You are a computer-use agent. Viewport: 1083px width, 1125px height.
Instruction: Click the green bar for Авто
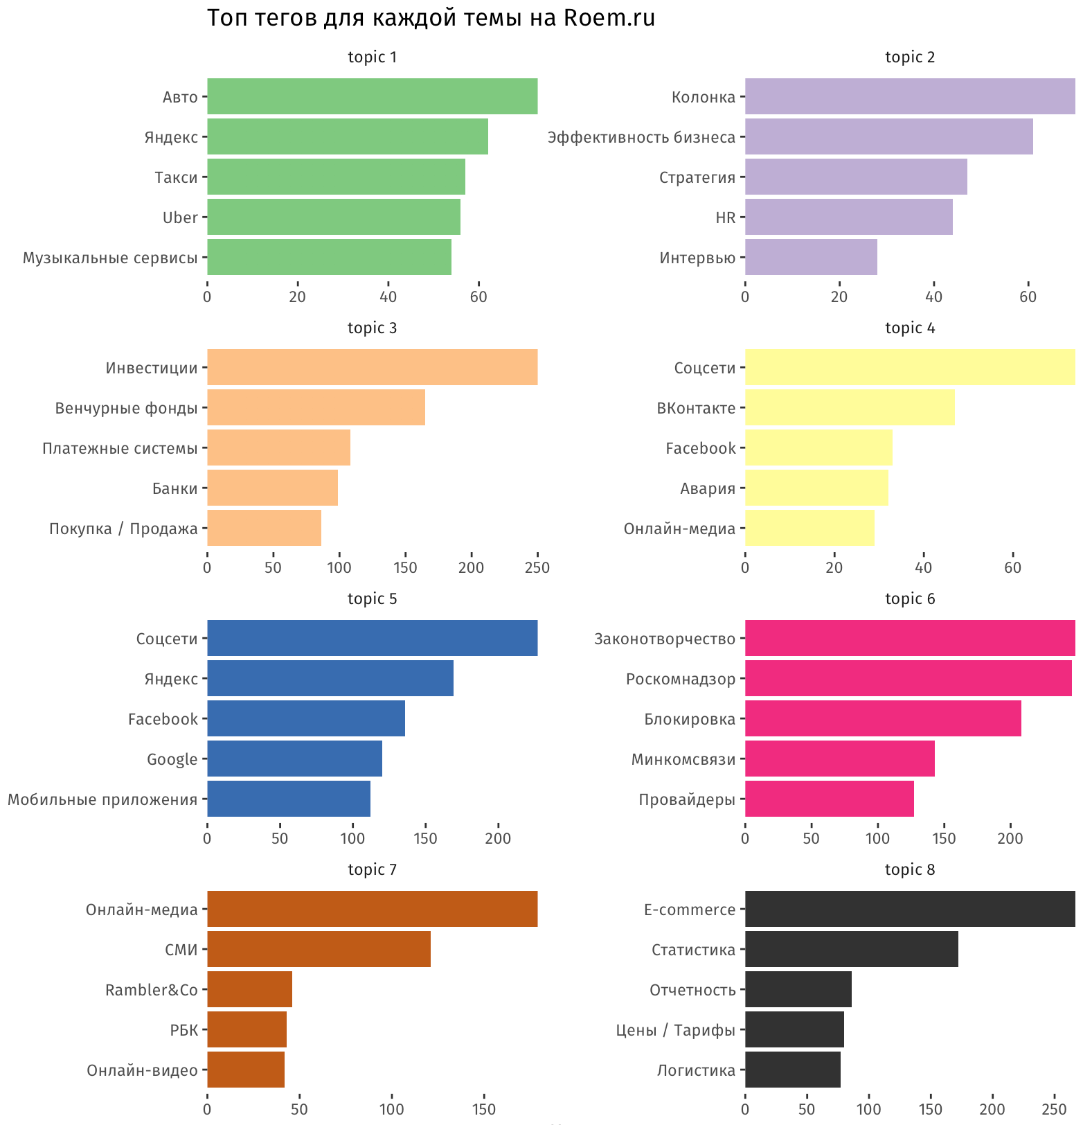tap(372, 96)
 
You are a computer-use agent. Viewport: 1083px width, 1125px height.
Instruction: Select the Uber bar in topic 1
tap(333, 217)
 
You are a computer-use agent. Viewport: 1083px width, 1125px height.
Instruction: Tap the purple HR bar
tap(848, 217)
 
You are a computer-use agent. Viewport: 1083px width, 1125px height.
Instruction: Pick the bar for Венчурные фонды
tap(316, 407)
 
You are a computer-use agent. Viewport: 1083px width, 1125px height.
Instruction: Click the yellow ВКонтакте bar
tap(850, 407)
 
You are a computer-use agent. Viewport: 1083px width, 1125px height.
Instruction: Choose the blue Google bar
tap(294, 759)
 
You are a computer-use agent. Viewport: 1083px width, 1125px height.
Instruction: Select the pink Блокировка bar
tap(883, 718)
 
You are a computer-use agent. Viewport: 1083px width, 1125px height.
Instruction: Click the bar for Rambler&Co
tap(249, 989)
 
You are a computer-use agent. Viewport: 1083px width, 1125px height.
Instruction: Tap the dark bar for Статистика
tap(851, 949)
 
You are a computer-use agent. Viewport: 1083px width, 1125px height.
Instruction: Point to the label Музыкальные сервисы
tap(110, 258)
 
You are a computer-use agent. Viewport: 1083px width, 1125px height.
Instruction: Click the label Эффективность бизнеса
tap(641, 137)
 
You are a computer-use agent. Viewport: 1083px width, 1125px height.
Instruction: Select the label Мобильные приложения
tap(102, 799)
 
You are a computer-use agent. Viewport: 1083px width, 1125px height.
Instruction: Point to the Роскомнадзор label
tap(680, 679)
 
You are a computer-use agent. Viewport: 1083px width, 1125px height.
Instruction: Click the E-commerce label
tap(689, 910)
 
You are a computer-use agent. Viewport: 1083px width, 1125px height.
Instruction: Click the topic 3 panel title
tap(372, 328)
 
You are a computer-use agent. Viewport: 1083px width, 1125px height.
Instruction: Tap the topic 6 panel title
tap(910, 599)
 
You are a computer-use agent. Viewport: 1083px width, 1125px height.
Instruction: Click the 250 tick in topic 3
tap(537, 567)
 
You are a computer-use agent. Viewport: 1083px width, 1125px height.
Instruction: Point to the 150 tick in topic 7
tap(483, 1109)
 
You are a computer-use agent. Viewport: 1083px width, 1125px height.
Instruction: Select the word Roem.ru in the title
tap(609, 18)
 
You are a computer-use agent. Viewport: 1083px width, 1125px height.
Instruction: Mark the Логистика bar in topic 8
tap(792, 1070)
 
